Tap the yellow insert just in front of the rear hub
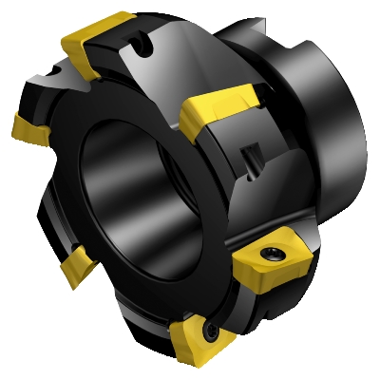click(219, 109)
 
